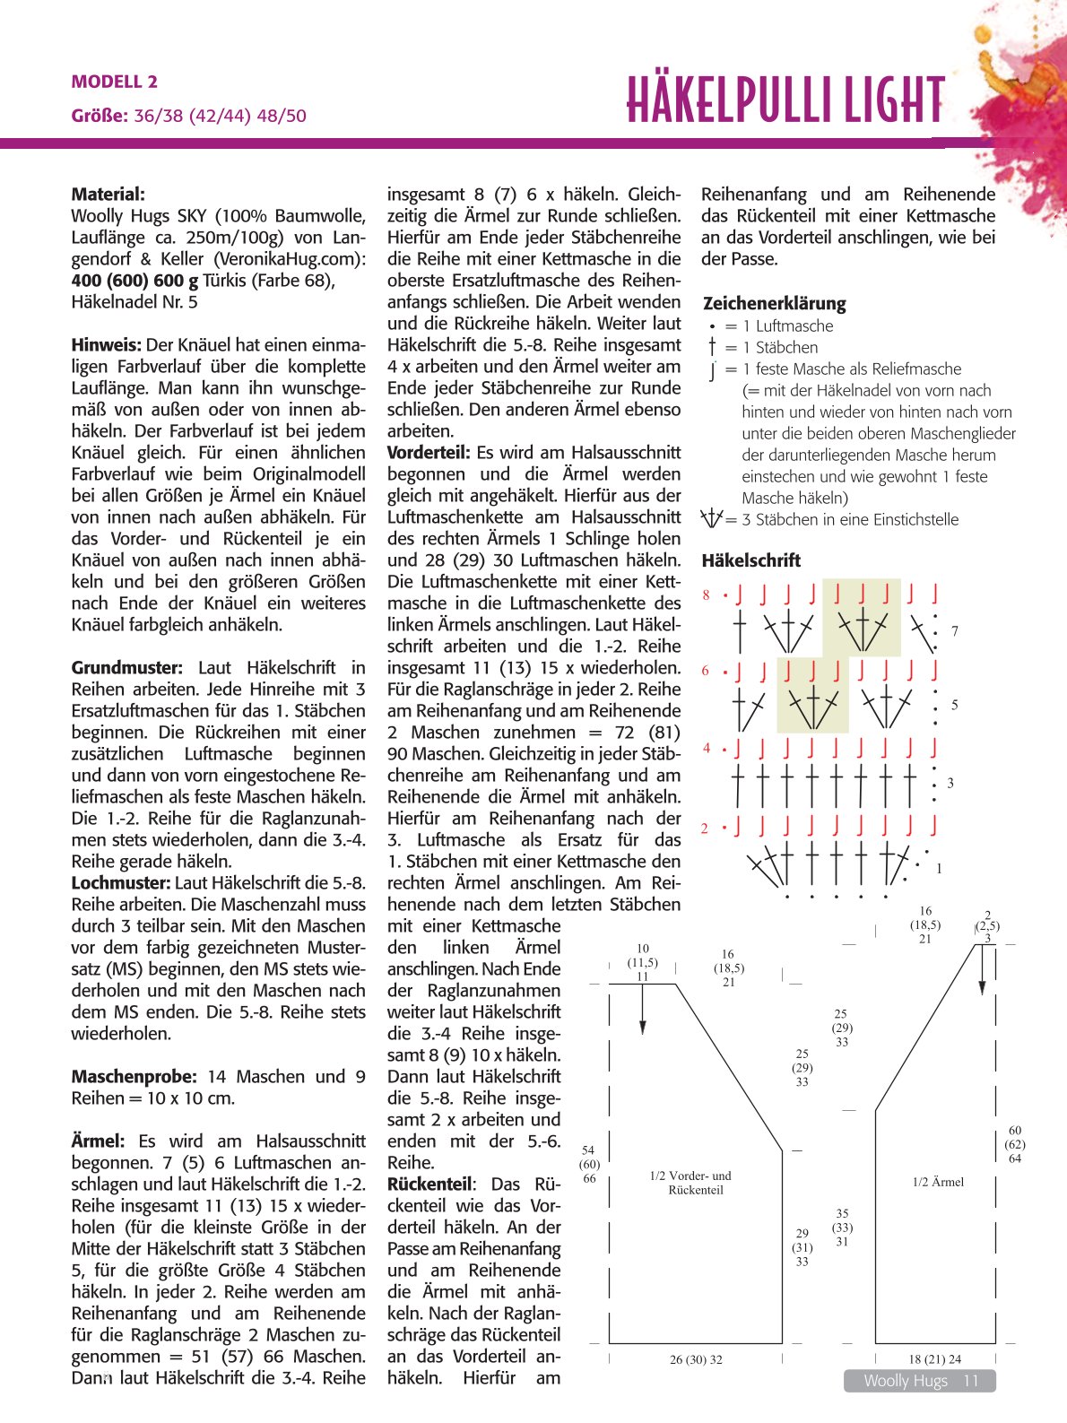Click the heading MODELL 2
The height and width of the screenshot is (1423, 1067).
(x=115, y=82)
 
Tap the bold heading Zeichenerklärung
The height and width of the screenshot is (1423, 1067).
(x=774, y=303)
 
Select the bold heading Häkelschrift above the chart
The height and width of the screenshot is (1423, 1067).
(x=750, y=560)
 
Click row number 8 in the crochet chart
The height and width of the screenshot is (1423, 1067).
(x=706, y=594)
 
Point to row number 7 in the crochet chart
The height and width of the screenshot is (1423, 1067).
(x=955, y=631)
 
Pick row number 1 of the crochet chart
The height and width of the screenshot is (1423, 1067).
(x=939, y=868)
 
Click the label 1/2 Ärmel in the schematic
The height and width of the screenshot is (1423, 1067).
(x=937, y=1182)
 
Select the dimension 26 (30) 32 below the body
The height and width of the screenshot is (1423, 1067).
(x=696, y=1359)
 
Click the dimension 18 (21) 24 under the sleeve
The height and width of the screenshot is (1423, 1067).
(x=934, y=1359)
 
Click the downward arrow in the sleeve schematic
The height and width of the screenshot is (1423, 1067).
(x=983, y=977)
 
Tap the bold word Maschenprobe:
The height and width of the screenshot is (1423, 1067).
(x=134, y=1077)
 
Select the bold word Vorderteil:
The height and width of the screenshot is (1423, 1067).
(x=429, y=453)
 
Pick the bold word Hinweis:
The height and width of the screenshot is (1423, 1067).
(x=106, y=345)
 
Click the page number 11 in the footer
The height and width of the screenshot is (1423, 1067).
(x=971, y=1381)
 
